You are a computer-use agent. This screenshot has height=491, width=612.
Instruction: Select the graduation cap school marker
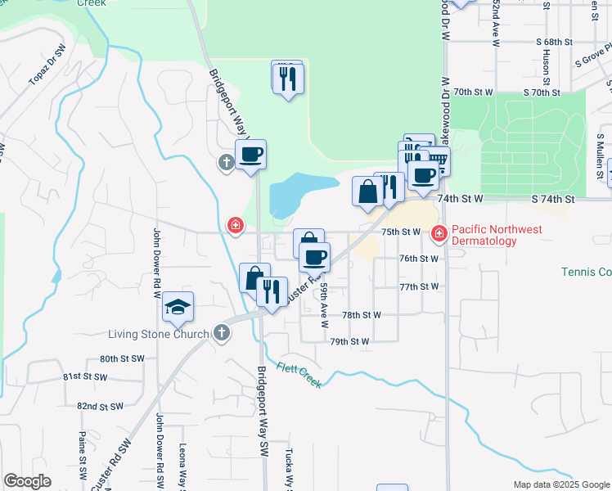pyautogui.click(x=178, y=308)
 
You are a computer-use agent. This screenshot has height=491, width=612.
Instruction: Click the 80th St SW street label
pyautogui.click(x=122, y=358)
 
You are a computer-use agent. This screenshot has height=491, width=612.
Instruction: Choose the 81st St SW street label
pyautogui.click(x=85, y=377)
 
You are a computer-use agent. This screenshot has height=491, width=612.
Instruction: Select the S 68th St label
pyautogui.click(x=555, y=41)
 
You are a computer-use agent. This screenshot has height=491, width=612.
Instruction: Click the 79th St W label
pyautogui.click(x=350, y=341)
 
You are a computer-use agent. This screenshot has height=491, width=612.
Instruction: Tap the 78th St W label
pyautogui.click(x=362, y=314)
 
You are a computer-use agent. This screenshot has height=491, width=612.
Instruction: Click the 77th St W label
pyautogui.click(x=419, y=286)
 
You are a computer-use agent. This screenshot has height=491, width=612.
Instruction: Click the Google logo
pyautogui.click(x=27, y=481)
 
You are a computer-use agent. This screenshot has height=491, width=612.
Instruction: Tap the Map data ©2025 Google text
pyautogui.click(x=560, y=484)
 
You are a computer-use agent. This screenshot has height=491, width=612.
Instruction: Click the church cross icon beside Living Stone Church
pyautogui.click(x=220, y=332)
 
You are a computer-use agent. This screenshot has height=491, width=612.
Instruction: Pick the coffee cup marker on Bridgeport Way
pyautogui.click(x=251, y=154)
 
